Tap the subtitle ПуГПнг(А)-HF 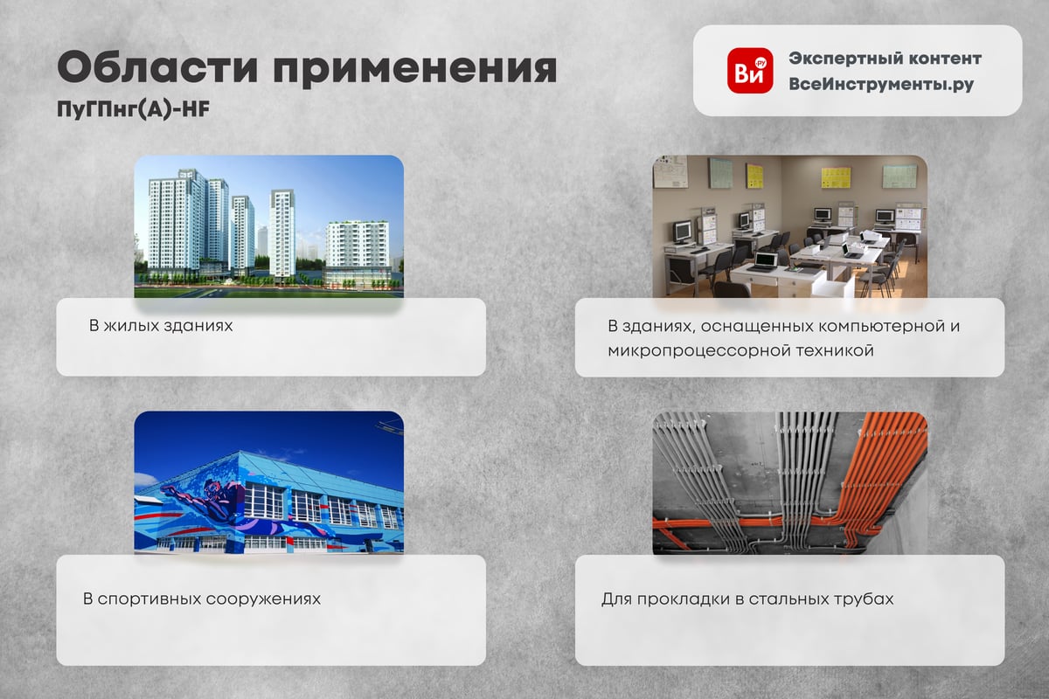coord(133,110)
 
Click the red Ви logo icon coord(750,71)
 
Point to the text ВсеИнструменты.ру coord(881,84)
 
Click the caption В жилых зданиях coord(161,326)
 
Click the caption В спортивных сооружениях coord(202,599)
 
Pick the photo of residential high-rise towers coord(269,226)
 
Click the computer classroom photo coord(790,226)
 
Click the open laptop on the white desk coord(765,262)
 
